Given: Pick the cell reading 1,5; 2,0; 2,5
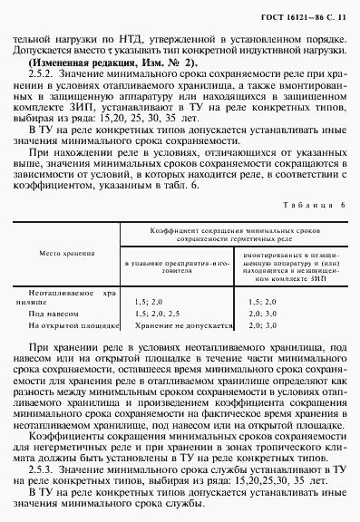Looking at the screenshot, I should tap(156, 311).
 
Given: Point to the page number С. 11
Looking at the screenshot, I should tap(332, 18).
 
